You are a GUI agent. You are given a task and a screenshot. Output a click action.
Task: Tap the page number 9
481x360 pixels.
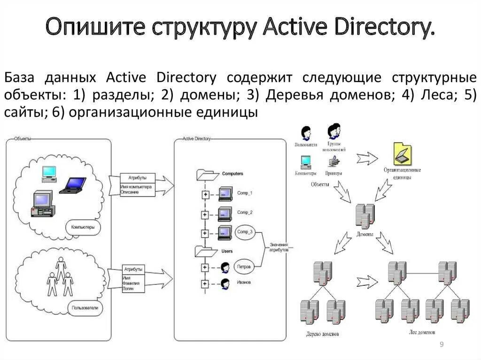(442, 345)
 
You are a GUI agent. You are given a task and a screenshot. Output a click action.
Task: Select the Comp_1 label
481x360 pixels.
(245, 193)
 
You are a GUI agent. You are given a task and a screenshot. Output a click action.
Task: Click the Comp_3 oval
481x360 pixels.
(245, 232)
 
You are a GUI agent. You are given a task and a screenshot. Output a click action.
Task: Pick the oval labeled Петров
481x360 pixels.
(244, 267)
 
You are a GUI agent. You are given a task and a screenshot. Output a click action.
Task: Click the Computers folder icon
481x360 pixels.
(207, 175)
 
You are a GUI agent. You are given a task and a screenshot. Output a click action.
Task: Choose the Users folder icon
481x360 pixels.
(206, 252)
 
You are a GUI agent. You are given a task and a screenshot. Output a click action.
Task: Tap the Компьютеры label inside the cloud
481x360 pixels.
(83, 227)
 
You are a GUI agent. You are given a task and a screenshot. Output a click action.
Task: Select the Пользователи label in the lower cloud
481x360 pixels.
(85, 308)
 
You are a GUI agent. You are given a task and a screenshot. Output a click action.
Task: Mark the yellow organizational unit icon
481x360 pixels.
(402, 155)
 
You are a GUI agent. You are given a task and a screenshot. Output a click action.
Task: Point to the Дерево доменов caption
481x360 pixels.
(322, 334)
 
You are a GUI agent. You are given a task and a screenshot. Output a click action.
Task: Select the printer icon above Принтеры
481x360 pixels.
(333, 162)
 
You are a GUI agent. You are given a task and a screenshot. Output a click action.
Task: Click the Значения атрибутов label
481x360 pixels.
(279, 248)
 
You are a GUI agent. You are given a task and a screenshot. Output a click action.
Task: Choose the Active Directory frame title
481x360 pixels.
(197, 139)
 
